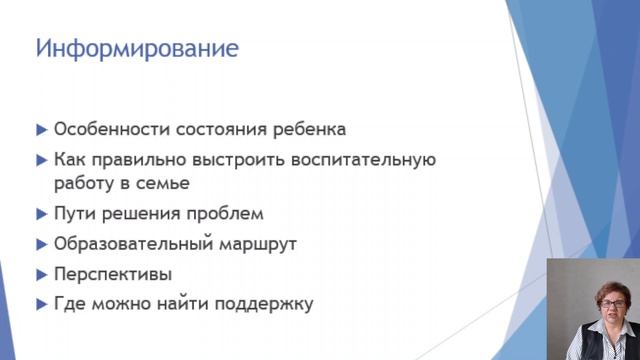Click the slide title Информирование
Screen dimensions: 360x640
137,48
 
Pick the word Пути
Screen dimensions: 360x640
72,213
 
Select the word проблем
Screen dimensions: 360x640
228,213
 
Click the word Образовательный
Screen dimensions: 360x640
125,243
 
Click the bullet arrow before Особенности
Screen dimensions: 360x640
41,130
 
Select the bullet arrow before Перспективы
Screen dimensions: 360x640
41,274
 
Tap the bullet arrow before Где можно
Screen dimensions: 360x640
41,304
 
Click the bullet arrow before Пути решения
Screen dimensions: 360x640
41,213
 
